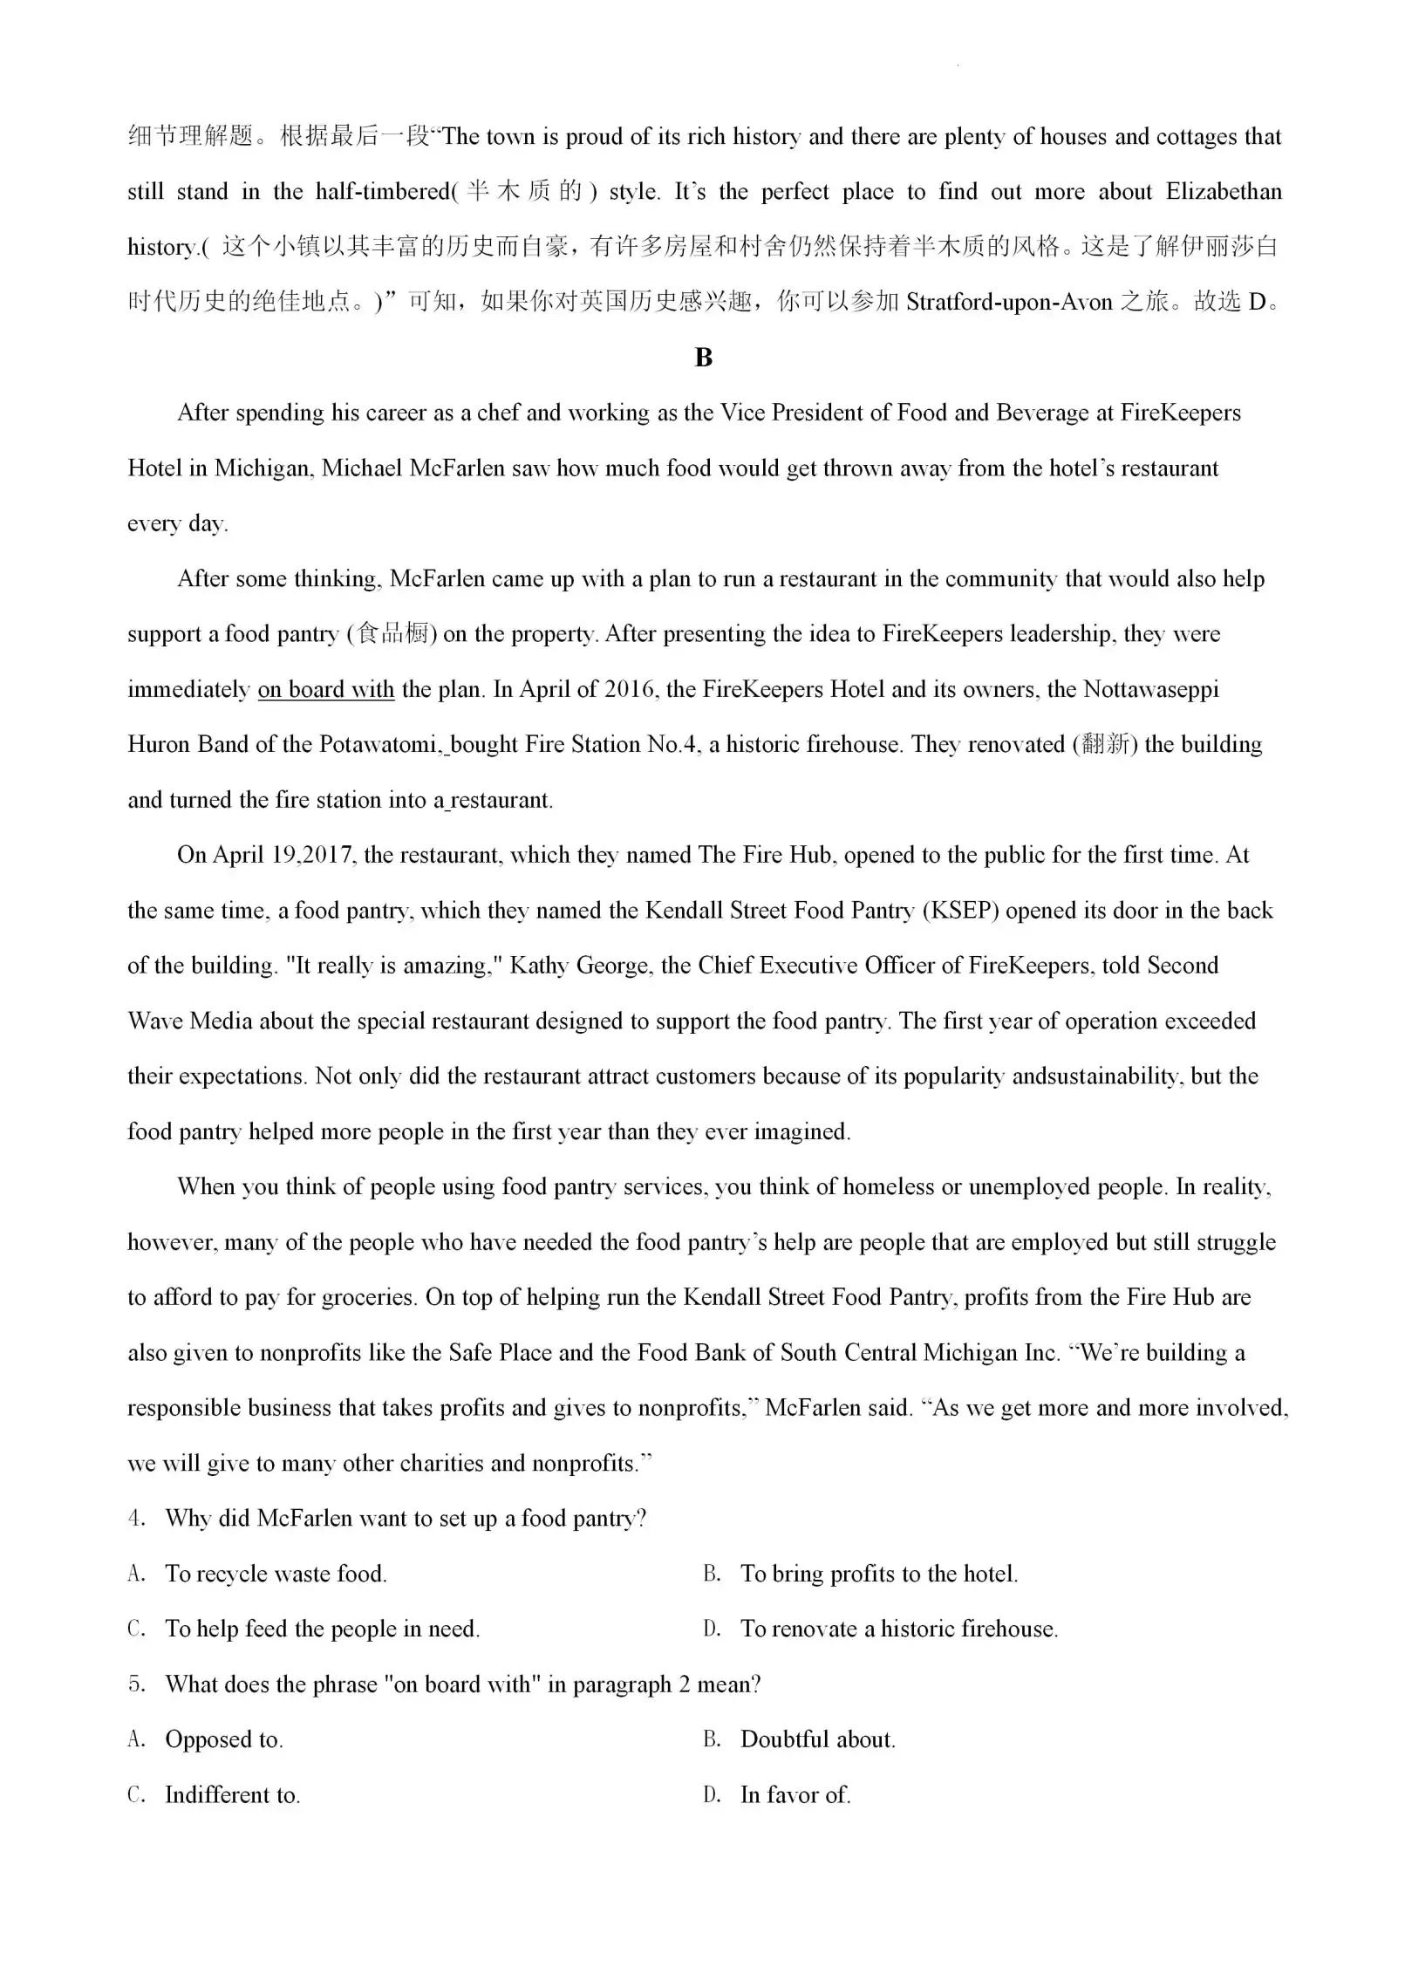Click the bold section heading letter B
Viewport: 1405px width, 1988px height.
[x=703, y=358]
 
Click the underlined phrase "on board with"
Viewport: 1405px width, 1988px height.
[x=326, y=689]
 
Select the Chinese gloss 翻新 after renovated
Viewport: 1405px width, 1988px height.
[x=1105, y=744]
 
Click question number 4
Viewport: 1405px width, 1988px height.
[x=136, y=1519]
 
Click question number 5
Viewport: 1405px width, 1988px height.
[x=136, y=1684]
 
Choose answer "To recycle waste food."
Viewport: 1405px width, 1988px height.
[x=276, y=1574]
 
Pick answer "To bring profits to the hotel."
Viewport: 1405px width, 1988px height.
[x=878, y=1574]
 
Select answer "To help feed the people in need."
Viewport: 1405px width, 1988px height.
[x=322, y=1629]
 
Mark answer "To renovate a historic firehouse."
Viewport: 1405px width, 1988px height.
[x=898, y=1629]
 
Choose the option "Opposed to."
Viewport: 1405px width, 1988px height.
[x=223, y=1739]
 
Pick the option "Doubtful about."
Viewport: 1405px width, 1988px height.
[x=817, y=1739]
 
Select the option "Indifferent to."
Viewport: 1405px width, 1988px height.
[x=232, y=1794]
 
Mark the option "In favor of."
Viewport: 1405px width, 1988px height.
[x=795, y=1794]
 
